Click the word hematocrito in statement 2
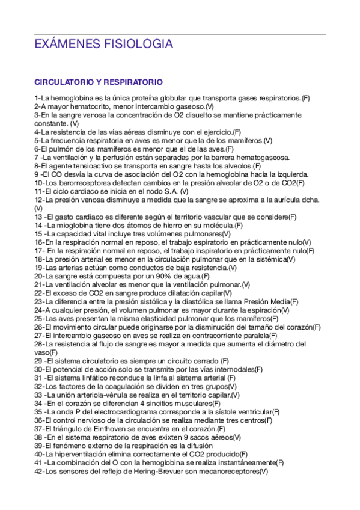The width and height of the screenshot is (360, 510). tap(81, 106)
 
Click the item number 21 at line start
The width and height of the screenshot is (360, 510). tap(38, 284)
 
